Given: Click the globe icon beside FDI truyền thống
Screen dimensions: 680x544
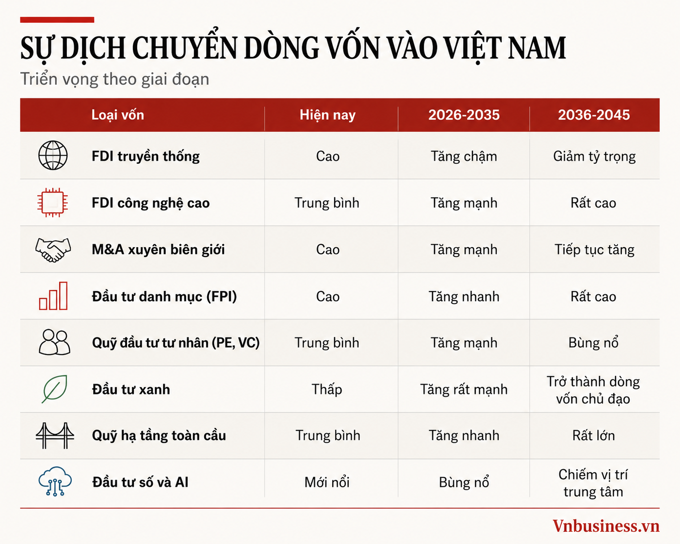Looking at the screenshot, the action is (53, 156).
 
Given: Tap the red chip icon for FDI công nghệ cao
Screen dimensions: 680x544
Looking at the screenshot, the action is (53, 203).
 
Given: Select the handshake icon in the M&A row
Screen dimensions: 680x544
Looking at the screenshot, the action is (53, 250).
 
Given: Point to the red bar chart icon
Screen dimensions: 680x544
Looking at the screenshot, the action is (53, 296).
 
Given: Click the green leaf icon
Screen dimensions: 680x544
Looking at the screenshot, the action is (54, 389).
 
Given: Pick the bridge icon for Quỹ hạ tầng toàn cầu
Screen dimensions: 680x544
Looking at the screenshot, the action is (55, 436).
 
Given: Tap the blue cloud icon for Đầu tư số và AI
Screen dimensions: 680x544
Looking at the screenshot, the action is (55, 481).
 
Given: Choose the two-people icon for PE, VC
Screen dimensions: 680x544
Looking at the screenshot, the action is (54, 342).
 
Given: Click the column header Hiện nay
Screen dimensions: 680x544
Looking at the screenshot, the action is (328, 115).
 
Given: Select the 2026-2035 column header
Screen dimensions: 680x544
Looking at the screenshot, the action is (464, 115).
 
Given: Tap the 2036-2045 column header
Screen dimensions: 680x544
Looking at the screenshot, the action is (594, 115).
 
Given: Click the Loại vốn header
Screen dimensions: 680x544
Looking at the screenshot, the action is (117, 115).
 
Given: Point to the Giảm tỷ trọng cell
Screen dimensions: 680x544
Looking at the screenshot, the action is (594, 157).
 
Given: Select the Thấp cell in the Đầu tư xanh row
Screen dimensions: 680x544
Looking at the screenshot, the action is (327, 389).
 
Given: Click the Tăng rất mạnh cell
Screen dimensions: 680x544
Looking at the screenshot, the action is (464, 390).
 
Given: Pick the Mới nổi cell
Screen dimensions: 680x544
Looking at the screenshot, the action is (327, 482).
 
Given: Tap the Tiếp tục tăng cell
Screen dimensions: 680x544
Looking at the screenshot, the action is (594, 250).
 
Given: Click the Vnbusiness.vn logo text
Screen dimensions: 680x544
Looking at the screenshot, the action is (606, 527).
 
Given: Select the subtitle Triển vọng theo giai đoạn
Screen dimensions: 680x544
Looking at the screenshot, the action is (114, 80).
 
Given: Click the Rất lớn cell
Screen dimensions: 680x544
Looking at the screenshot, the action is (594, 436).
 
